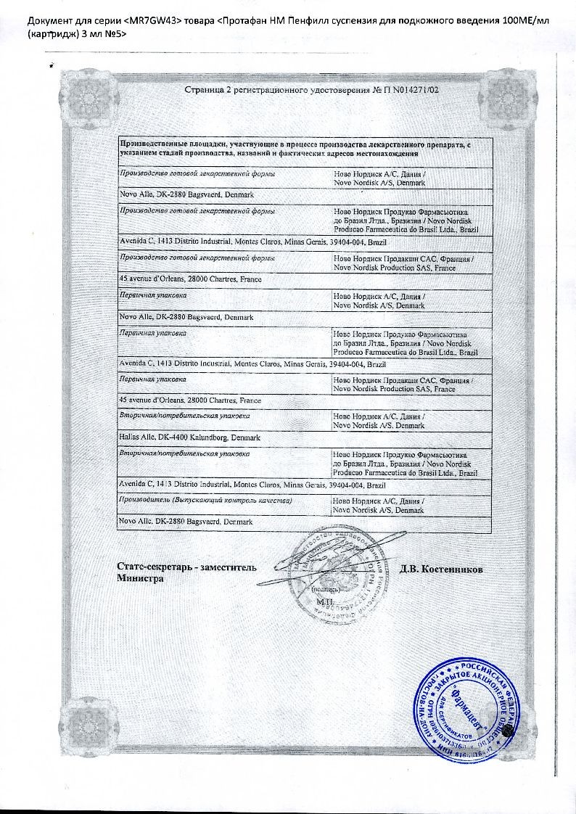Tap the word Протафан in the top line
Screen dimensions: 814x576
pyautogui.click(x=249, y=20)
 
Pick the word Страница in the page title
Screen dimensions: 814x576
pyautogui.click(x=205, y=90)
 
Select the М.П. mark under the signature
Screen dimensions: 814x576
pyautogui.click(x=323, y=601)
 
